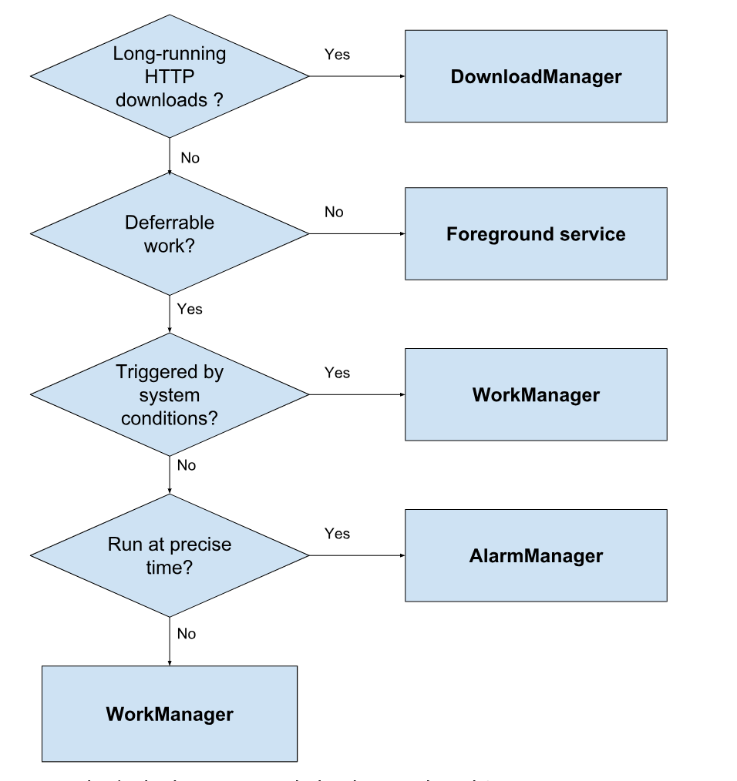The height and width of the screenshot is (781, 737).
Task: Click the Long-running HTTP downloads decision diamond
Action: tap(169, 76)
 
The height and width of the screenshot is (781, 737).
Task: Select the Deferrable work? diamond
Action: tap(169, 233)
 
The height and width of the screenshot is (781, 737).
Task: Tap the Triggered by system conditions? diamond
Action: tap(169, 394)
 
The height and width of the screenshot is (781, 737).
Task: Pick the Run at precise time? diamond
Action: tap(169, 555)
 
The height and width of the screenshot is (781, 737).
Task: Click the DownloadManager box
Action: tap(536, 76)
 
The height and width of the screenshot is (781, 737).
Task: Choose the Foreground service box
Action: tap(536, 233)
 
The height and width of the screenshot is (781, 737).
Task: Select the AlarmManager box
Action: tap(536, 555)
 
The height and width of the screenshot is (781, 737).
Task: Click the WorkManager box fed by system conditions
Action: tap(536, 394)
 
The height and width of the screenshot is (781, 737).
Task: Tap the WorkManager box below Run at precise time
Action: tap(169, 713)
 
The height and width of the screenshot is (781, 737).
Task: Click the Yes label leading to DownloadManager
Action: tap(337, 55)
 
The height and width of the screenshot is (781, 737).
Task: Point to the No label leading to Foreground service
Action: tap(334, 212)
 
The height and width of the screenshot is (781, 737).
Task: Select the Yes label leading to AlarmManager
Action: tap(337, 534)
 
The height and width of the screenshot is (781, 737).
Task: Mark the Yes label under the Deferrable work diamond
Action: tap(190, 309)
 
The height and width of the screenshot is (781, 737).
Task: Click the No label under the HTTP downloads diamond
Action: tap(190, 158)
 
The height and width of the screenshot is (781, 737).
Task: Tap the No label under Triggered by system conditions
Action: tap(187, 465)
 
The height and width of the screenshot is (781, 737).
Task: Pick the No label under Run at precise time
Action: tap(187, 633)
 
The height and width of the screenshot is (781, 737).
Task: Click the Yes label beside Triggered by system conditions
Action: tap(337, 373)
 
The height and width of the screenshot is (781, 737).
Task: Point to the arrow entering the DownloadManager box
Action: tap(356, 76)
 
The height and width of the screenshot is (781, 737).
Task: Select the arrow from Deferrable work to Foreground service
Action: tap(356, 233)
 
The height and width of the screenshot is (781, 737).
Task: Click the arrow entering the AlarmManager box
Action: tap(356, 555)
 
